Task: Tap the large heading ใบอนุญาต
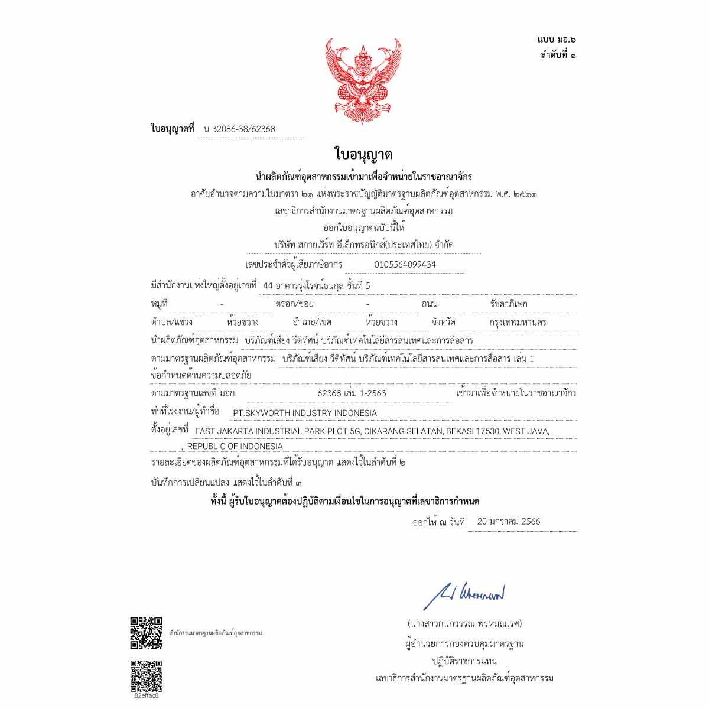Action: coord(363,155)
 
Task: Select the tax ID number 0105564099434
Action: coord(405,265)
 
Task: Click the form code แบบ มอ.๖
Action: coord(557,40)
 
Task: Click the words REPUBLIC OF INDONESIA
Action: coord(235,446)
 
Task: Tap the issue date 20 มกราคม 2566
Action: coord(508,522)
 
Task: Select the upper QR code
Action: coord(146,633)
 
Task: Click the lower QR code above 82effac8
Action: coord(146,676)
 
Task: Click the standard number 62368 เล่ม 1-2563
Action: coord(352,393)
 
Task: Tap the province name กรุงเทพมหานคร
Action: coord(518,323)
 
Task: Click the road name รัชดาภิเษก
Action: coord(509,304)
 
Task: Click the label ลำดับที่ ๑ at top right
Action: coord(558,55)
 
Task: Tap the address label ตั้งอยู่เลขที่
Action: coord(170,430)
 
